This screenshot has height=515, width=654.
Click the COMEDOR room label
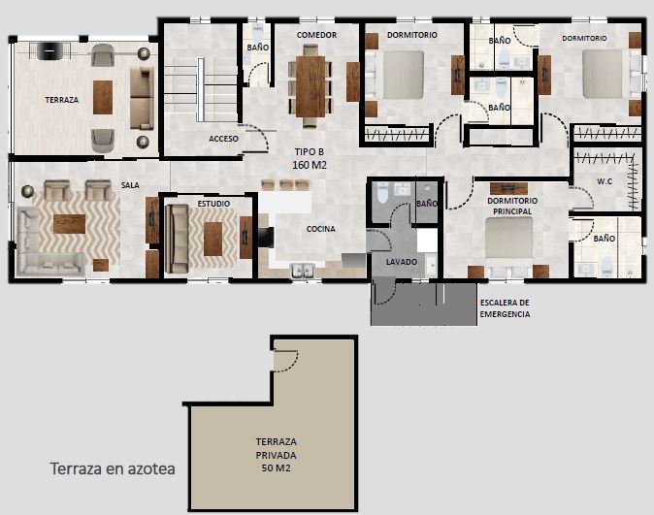pos(316,35)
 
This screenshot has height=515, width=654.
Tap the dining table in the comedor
pos(311,86)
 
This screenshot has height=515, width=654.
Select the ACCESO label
pos(223,139)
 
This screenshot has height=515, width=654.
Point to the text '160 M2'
pos(310,165)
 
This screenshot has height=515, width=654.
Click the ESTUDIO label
pos(213,204)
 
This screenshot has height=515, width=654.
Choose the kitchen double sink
pos(303,271)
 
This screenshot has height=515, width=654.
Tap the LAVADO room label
pos(402,262)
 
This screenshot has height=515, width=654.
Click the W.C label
pos(605,181)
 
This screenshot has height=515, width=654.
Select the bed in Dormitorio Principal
pos(508,246)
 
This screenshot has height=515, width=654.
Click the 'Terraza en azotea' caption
pos(113,468)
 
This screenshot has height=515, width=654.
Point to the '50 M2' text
pos(277,467)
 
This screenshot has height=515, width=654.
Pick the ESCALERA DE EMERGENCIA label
pos(505,308)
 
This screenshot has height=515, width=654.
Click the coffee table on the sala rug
pos(69,224)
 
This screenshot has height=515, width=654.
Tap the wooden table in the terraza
pos(103,97)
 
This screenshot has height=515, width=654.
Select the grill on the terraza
pos(49,51)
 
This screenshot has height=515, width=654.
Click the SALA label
pos(130,185)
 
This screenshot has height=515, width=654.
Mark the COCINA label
pos(321,229)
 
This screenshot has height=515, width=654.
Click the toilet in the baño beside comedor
pos(258,32)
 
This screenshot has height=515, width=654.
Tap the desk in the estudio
pos(213,239)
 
